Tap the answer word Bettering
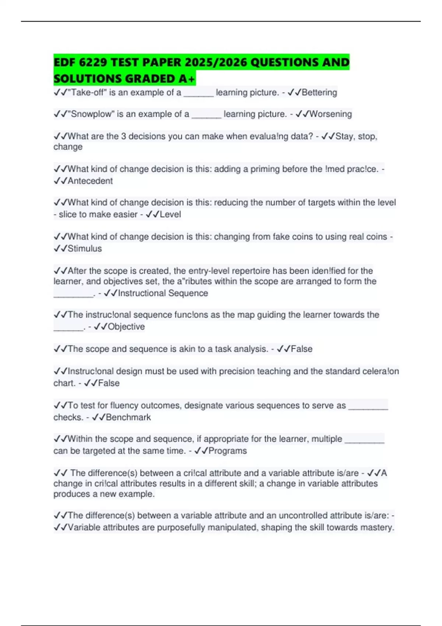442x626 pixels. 319,92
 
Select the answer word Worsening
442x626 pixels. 330,114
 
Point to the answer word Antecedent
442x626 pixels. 90,181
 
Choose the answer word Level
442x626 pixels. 170,214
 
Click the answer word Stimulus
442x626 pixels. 85,249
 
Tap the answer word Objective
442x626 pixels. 126,327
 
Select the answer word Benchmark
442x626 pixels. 128,417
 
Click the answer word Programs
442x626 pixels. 228,451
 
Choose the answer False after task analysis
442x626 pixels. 302,349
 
